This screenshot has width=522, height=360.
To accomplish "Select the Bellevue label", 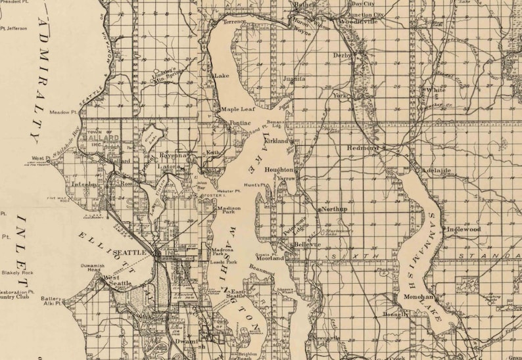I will tap(307, 244).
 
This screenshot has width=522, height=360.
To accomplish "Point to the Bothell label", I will tap(305, 4).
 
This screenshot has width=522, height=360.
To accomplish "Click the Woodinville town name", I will tap(358, 22).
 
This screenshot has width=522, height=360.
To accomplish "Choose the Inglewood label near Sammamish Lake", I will tap(463, 229).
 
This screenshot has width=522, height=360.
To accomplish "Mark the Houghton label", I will tap(278, 169).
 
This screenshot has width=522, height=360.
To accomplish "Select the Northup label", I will tap(335, 209).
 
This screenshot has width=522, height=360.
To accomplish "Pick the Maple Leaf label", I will tap(237, 109).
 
